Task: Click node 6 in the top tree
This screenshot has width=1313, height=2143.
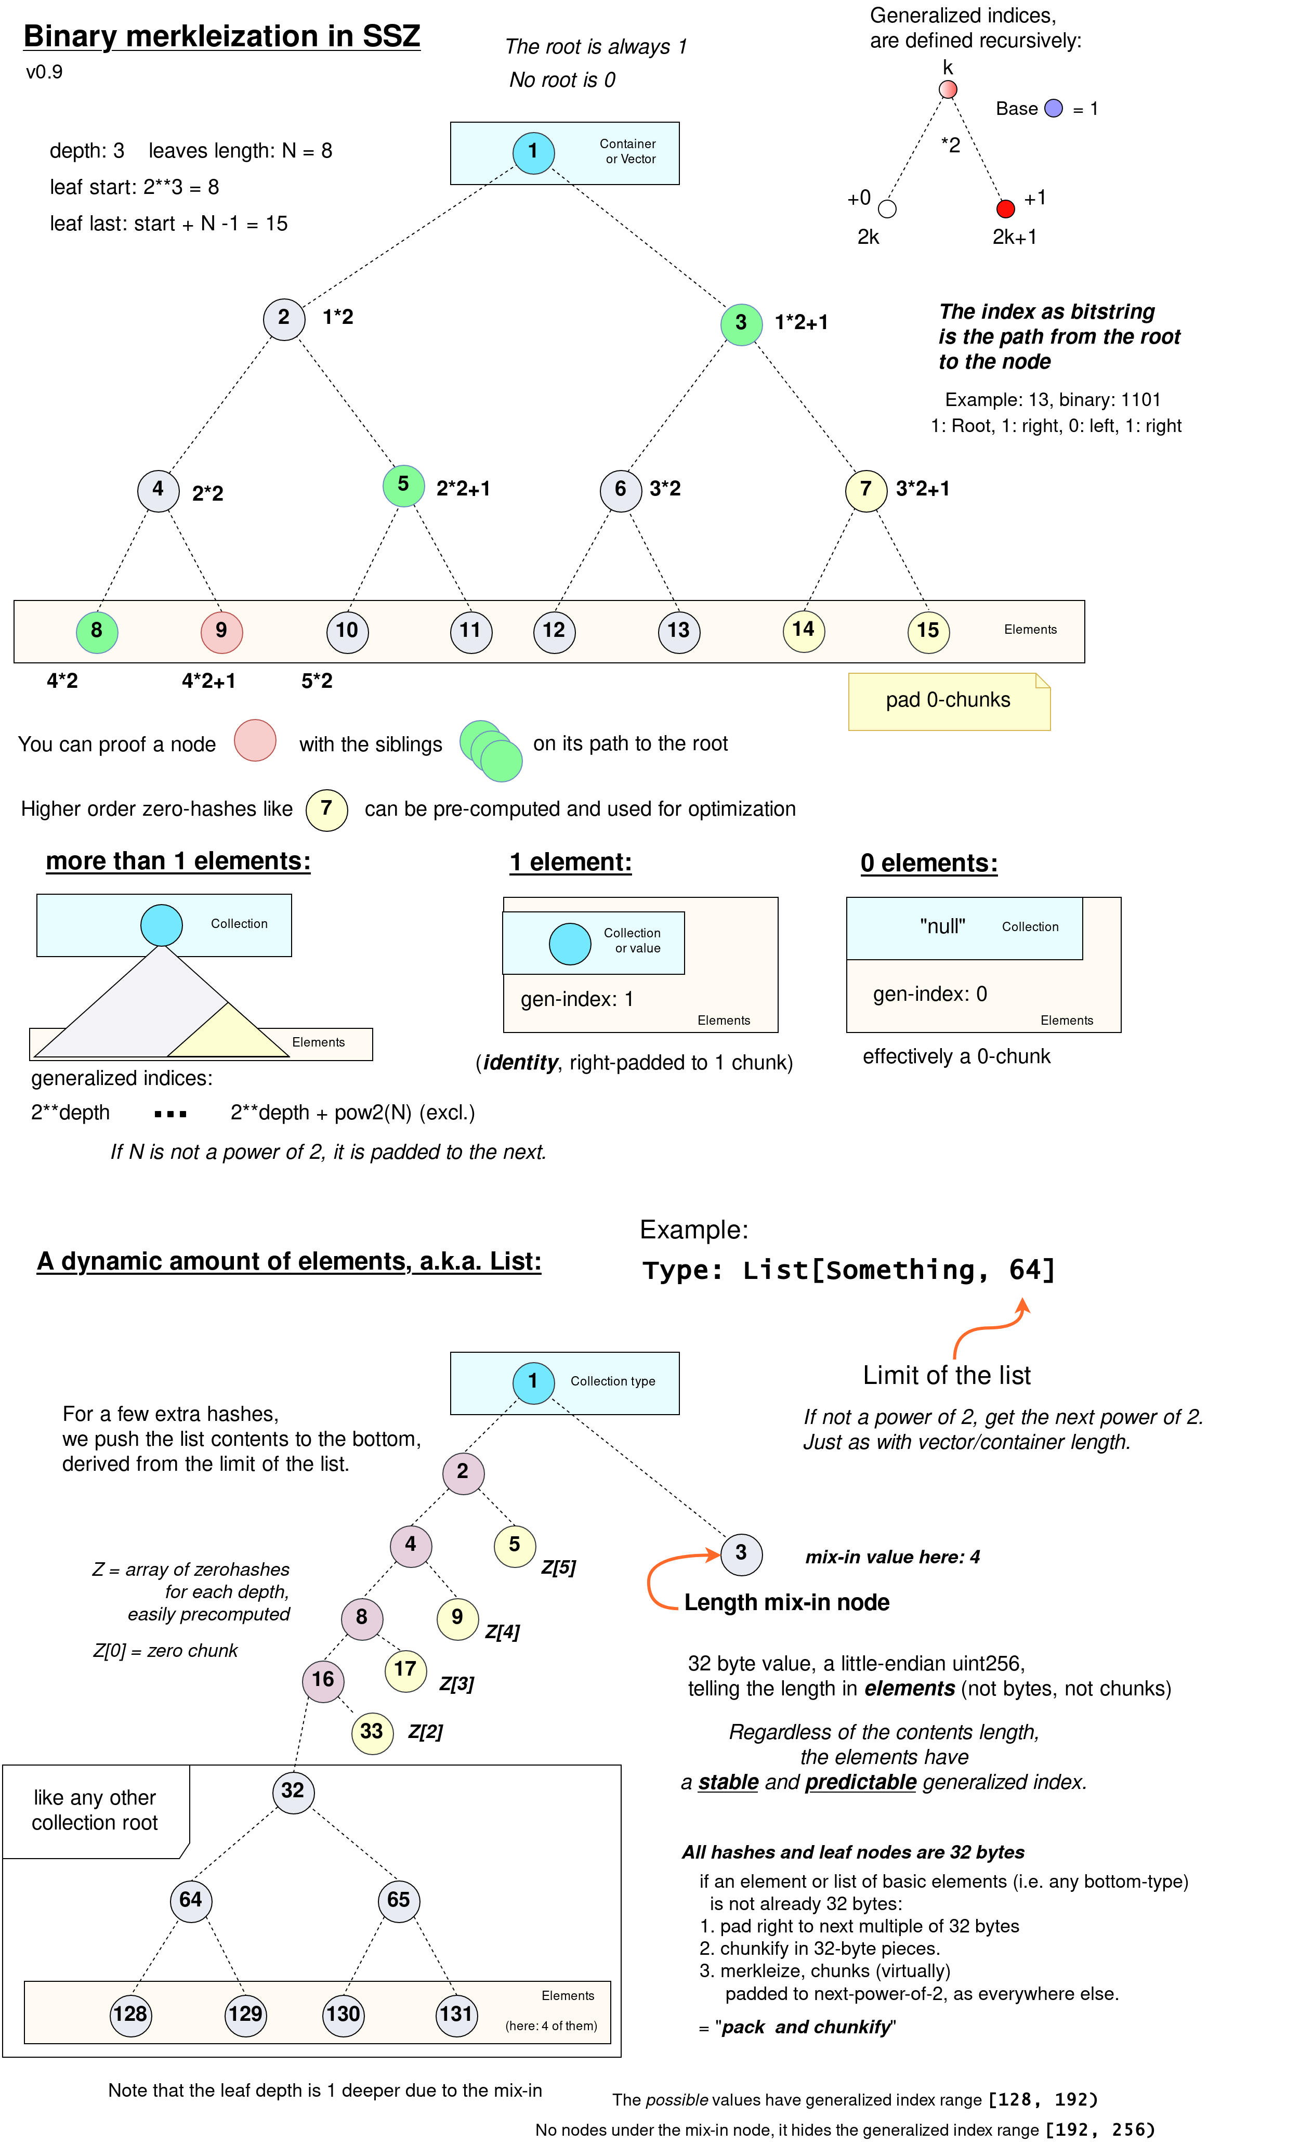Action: point(621,491)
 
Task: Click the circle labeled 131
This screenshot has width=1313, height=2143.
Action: point(456,2015)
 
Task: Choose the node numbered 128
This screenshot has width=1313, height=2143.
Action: point(130,2015)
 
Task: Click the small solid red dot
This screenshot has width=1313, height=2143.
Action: point(1006,208)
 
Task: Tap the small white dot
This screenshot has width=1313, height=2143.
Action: point(887,208)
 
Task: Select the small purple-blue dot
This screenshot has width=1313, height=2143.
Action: point(1053,108)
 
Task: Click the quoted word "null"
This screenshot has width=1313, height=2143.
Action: point(942,927)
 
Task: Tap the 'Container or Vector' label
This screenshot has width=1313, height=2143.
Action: point(628,151)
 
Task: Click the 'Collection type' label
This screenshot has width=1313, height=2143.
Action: point(613,1381)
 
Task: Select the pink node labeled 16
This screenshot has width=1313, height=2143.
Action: point(323,1680)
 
